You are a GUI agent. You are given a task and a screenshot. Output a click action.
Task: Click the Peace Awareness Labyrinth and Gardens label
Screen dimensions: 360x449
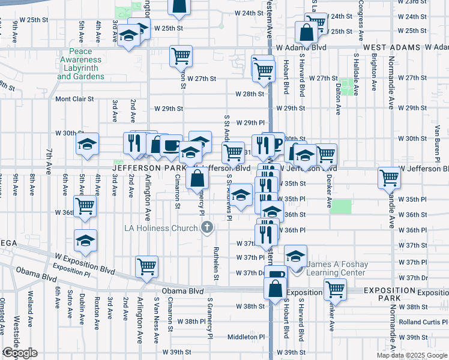(x=81, y=64)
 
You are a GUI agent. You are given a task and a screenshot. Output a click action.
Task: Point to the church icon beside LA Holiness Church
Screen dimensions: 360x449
(x=207, y=227)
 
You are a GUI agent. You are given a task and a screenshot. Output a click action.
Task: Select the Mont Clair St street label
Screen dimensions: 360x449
(x=74, y=99)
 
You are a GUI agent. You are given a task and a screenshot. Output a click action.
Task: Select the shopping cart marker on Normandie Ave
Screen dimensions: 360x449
(x=390, y=178)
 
